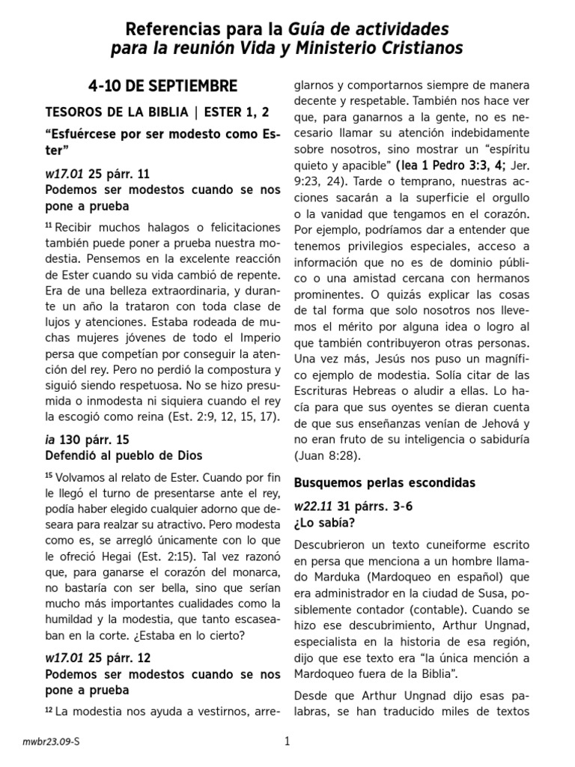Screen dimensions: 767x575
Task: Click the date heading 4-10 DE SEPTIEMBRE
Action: click(162, 85)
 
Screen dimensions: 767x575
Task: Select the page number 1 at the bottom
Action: click(287, 742)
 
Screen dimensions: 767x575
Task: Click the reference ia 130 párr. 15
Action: click(87, 439)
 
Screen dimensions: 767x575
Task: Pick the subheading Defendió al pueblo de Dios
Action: click(124, 455)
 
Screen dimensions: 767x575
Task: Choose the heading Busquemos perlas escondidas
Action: click(385, 482)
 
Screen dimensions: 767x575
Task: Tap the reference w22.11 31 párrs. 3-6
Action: click(353, 506)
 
